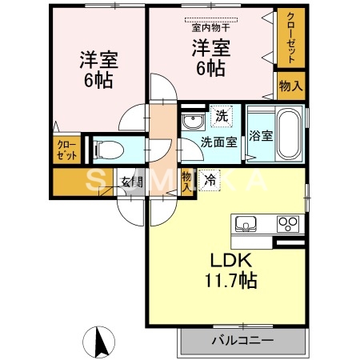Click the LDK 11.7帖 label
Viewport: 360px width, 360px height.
232,271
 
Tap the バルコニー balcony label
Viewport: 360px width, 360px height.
242,340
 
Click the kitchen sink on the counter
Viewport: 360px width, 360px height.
243,222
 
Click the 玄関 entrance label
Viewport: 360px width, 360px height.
133,181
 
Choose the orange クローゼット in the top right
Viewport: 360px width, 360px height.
290,39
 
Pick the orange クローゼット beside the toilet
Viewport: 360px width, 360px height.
67,150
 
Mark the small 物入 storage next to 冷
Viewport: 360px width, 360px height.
186,181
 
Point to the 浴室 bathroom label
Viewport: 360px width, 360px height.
261,135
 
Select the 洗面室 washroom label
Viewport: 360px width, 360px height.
216,143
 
